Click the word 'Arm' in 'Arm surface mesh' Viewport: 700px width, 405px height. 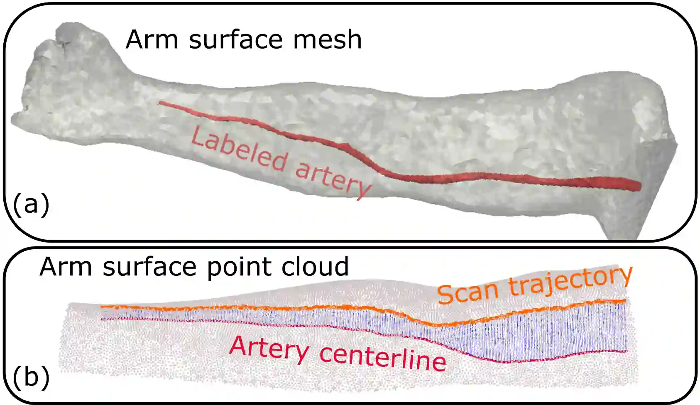coord(152,39)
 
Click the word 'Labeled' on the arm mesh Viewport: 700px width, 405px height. coord(239,149)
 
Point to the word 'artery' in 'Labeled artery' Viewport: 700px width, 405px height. coord(333,179)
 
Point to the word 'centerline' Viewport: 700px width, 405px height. coord(383,358)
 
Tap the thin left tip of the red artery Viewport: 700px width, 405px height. coord(160,103)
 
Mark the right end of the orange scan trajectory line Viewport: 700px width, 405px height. coord(625,300)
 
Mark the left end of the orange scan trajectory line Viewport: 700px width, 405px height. coord(102,307)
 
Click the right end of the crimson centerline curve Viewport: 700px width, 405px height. coord(627,351)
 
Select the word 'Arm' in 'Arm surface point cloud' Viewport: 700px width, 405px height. coord(65,267)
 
